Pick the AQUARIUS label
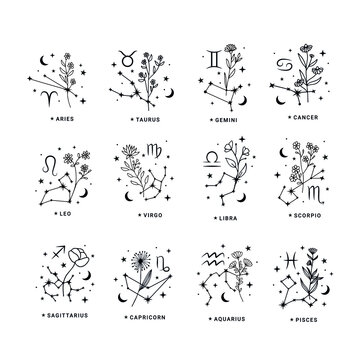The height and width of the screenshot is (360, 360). (x=228, y=314)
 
